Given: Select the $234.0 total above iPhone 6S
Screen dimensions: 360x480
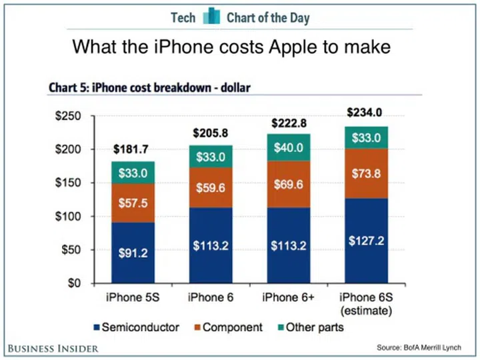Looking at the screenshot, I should pos(364,113).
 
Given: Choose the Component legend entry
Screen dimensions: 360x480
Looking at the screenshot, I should pos(227,327).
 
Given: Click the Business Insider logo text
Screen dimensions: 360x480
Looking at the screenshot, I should pos(54,348).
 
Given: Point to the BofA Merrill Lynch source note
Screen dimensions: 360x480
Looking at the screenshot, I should pos(427,348).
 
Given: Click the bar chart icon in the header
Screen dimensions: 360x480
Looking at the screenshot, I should pos(211,16).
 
